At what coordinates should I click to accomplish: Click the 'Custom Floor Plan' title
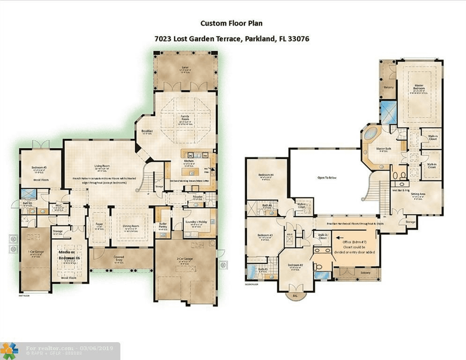(x=232, y=23)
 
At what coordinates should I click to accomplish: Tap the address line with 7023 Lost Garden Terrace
(x=232, y=39)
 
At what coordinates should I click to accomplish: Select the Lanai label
(x=185, y=67)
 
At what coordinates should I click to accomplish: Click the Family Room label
(x=185, y=118)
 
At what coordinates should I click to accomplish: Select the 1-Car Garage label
(x=35, y=252)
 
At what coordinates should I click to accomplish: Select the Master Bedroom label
(x=418, y=87)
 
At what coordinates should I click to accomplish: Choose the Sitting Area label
(x=418, y=194)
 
